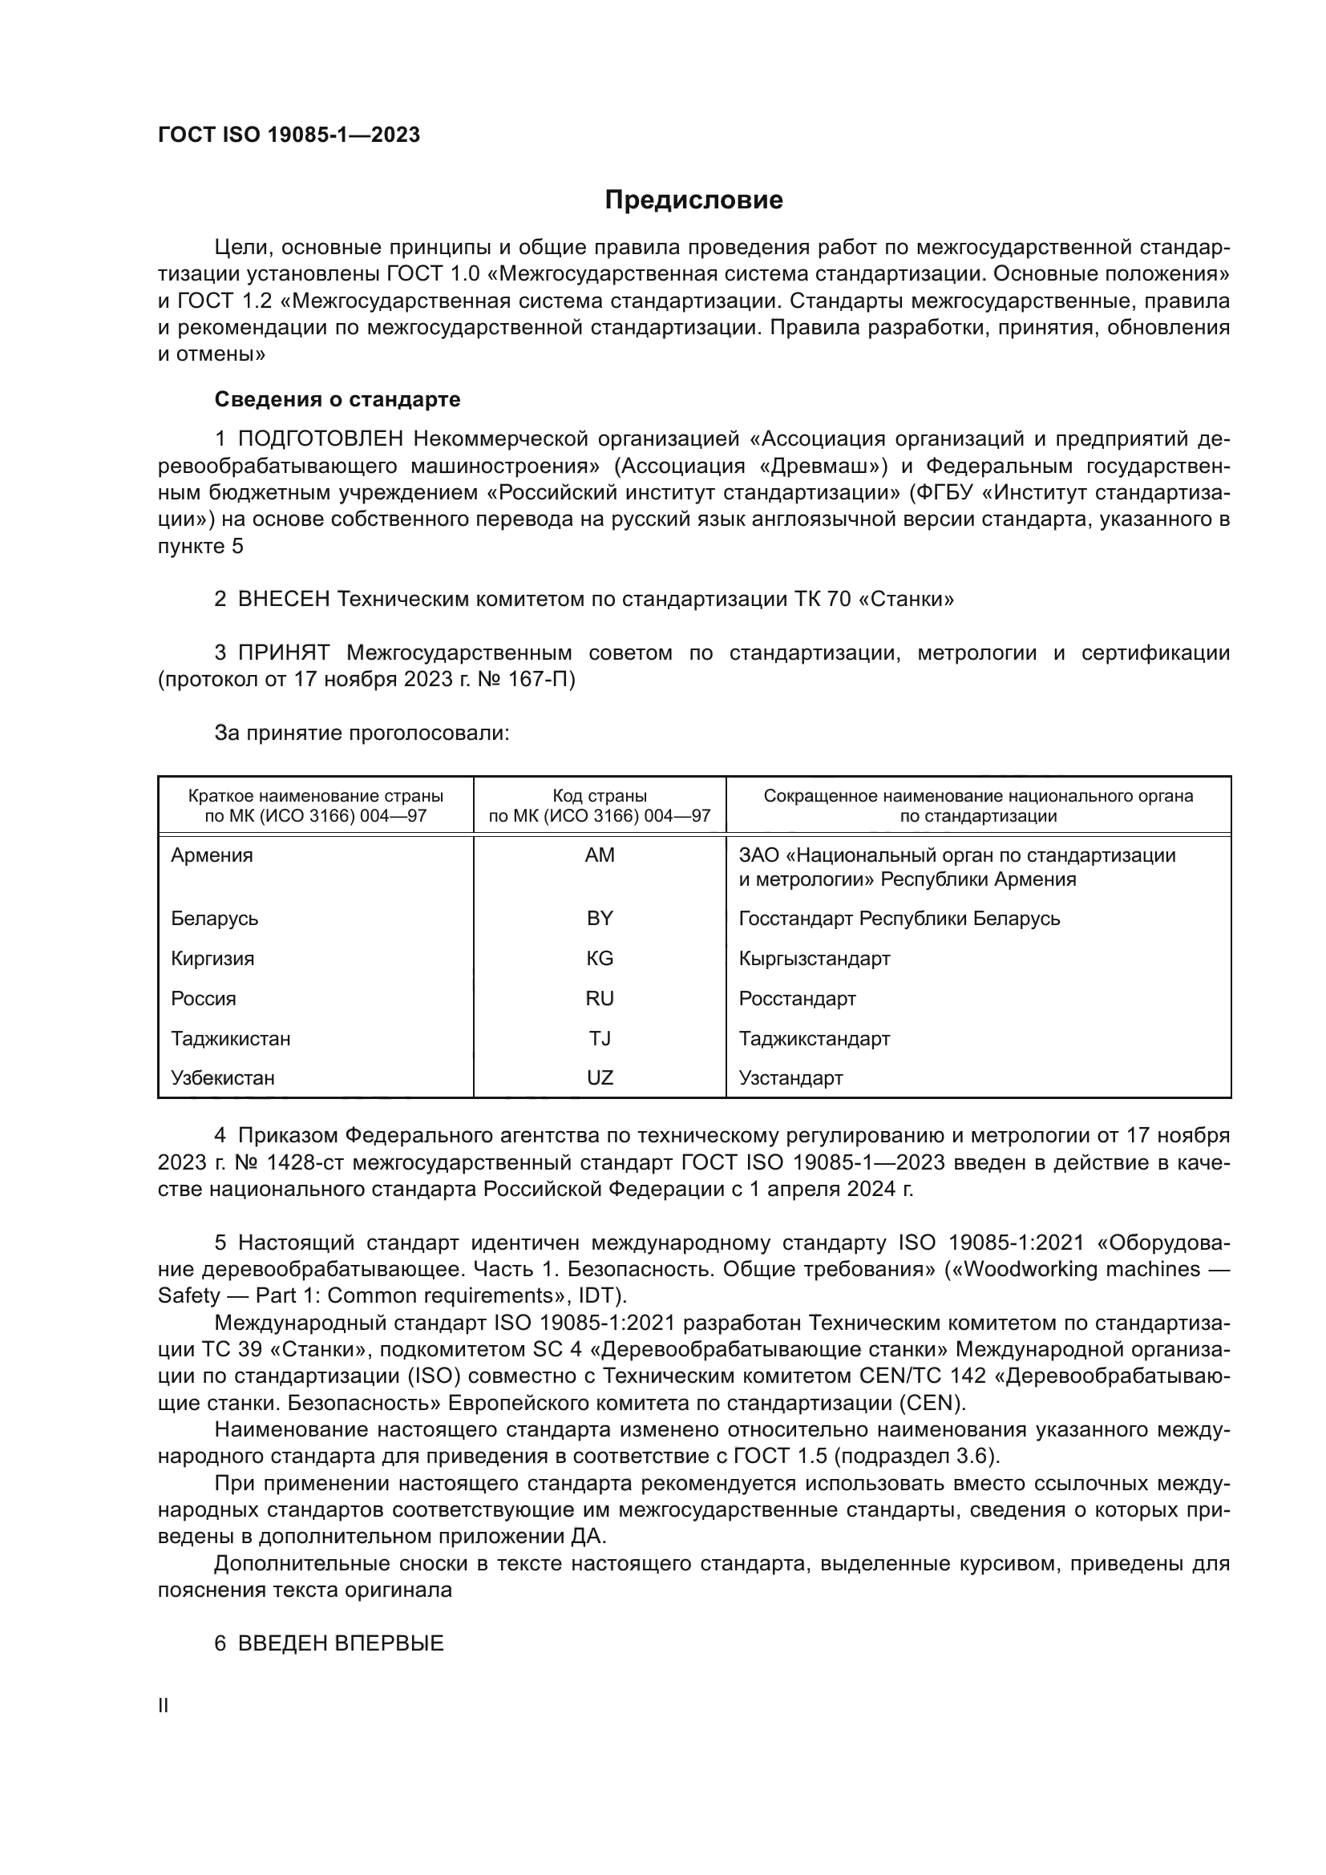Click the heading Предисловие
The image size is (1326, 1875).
(x=693, y=200)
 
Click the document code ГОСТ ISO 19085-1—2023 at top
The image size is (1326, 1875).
(x=289, y=135)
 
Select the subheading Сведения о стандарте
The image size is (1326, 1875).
(x=338, y=399)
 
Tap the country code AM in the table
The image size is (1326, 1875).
(x=600, y=855)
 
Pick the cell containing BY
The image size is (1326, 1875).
(x=600, y=918)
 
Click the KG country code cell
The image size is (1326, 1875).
(x=600, y=958)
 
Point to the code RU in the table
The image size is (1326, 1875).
(x=600, y=998)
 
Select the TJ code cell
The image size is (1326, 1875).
(x=600, y=1038)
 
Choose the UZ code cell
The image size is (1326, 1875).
(x=600, y=1077)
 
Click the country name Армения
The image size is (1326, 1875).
(x=212, y=855)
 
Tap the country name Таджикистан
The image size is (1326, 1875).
(x=230, y=1038)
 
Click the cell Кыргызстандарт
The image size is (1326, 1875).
(x=814, y=958)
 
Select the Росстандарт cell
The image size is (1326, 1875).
(x=797, y=998)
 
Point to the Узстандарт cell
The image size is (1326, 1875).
(x=790, y=1077)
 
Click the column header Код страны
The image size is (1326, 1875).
(x=600, y=795)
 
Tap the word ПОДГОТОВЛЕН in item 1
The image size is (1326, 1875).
(x=320, y=438)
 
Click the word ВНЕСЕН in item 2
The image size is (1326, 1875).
(x=283, y=599)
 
